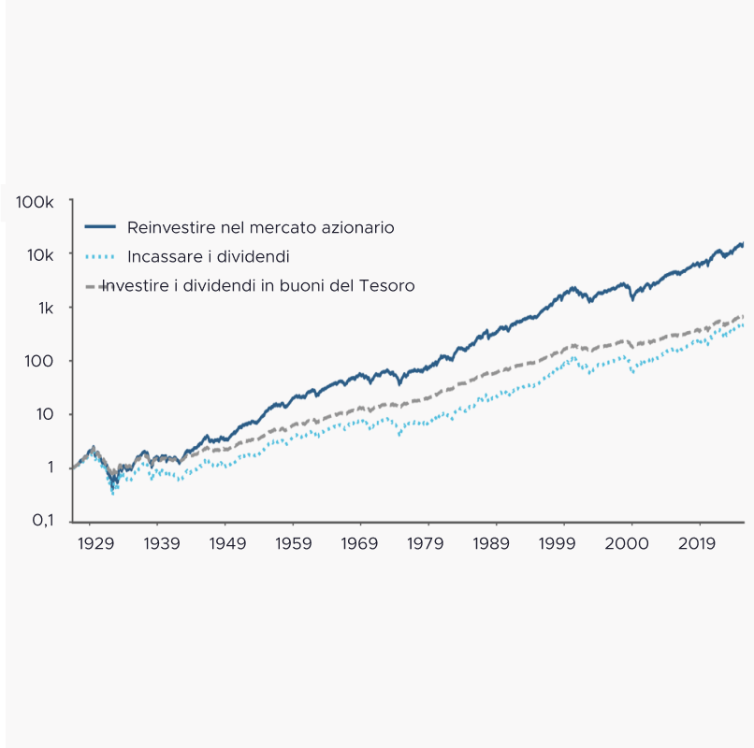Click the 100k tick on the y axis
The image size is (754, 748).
[x=35, y=202]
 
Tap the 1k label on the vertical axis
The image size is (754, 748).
[x=45, y=309]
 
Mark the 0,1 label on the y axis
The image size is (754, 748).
[x=42, y=521]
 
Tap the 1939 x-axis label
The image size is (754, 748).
[x=162, y=542]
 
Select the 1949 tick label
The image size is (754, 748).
[x=227, y=542]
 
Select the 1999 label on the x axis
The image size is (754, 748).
[x=558, y=542]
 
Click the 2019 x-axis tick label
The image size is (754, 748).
[x=697, y=542]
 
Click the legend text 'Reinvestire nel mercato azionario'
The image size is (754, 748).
[x=260, y=227]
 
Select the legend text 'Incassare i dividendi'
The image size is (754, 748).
[x=208, y=256]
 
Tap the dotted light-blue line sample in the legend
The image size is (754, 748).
[x=99, y=256]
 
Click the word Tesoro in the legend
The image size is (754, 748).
[x=386, y=285]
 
